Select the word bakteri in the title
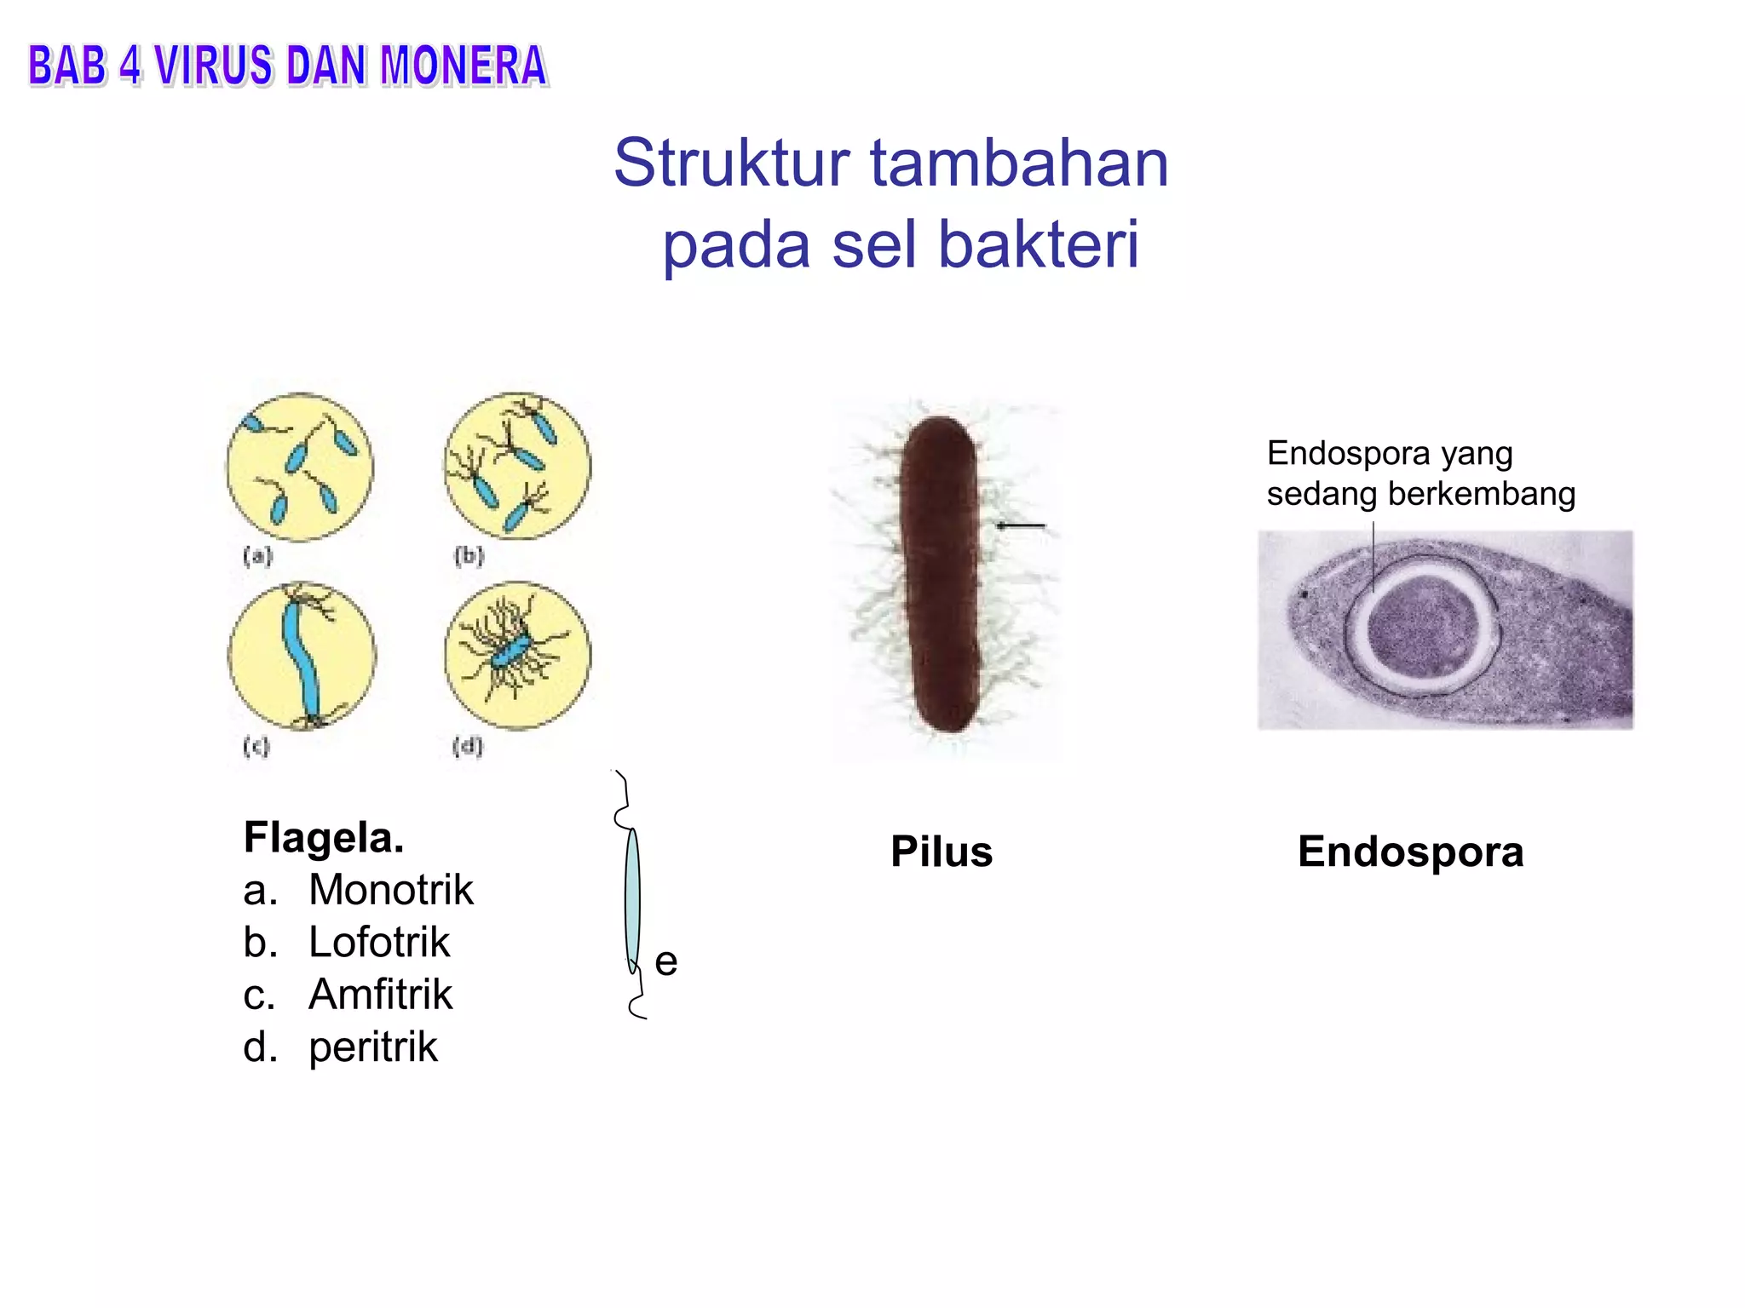pyautogui.click(x=1038, y=244)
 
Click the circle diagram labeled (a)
pyautogui.click(x=300, y=467)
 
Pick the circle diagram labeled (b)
pyautogui.click(x=517, y=466)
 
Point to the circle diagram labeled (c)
pyautogui.click(x=302, y=656)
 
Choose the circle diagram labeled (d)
pyautogui.click(x=517, y=656)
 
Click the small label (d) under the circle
pyautogui.click(x=468, y=746)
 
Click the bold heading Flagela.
pyautogui.click(x=324, y=837)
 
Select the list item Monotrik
pyautogui.click(x=390, y=890)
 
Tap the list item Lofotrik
pyautogui.click(x=378, y=942)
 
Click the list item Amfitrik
pyautogui.click(x=380, y=995)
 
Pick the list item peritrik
pyautogui.click(x=373, y=1047)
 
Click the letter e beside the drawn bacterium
pyautogui.click(x=666, y=962)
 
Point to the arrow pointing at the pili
pyautogui.click(x=1021, y=525)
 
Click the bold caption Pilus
pyautogui.click(x=942, y=852)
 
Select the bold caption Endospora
pyautogui.click(x=1410, y=852)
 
